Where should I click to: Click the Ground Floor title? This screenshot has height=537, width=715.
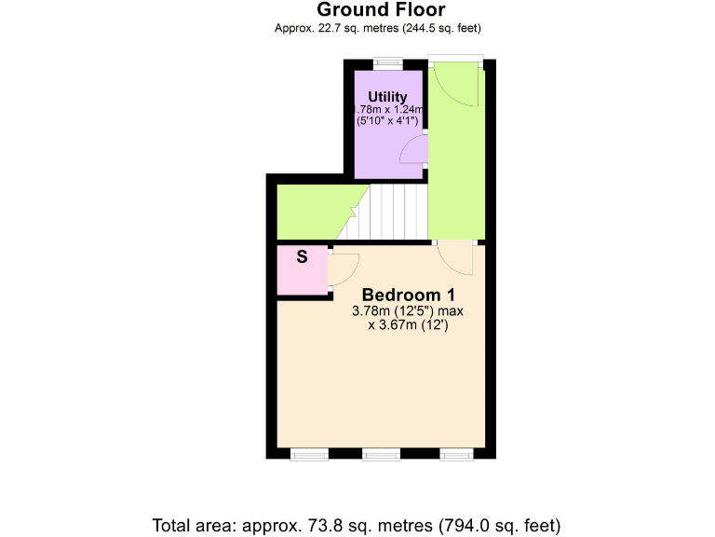(381, 10)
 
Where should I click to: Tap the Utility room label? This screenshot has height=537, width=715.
(387, 97)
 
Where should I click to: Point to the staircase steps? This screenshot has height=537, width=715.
(398, 211)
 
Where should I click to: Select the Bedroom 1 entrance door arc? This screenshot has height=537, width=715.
(457, 259)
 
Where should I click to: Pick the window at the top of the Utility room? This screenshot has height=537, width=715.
(387, 63)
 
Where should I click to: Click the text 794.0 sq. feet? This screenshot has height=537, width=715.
(511, 524)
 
